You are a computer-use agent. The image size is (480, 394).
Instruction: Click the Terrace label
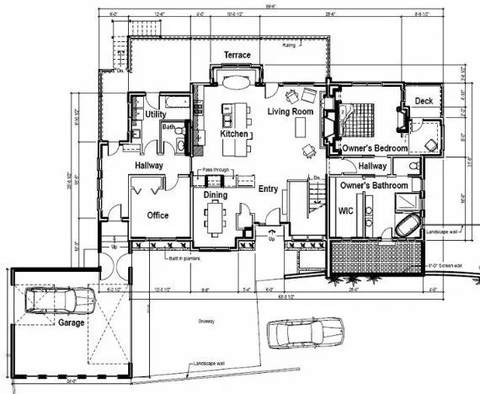tap(237, 56)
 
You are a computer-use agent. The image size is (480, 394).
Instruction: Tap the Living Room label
tap(291, 112)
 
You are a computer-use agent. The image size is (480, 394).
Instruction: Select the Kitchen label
tap(233, 134)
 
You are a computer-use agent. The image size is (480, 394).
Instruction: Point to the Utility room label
tap(155, 114)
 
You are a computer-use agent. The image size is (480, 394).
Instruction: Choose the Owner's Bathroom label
tap(374, 185)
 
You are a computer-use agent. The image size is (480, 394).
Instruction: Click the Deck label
tap(424, 103)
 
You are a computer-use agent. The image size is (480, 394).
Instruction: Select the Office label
tap(158, 216)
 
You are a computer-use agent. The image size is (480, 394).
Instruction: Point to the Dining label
tap(216, 195)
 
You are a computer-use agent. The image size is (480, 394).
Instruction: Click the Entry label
tap(269, 189)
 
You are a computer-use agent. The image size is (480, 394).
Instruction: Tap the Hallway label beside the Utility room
tap(148, 167)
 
